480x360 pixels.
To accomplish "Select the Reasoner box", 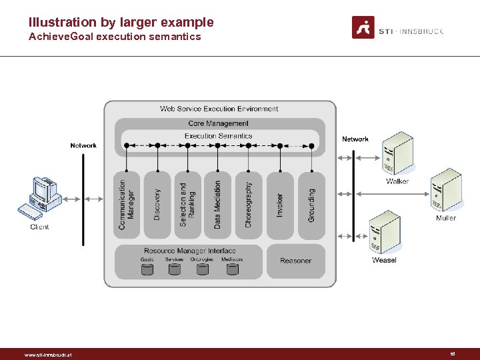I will click(x=296, y=261).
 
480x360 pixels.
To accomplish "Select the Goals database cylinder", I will click(x=147, y=269).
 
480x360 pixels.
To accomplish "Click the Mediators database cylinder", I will click(x=232, y=269).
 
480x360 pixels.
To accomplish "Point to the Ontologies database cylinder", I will click(x=202, y=269).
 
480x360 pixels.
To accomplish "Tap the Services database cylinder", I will click(x=174, y=269).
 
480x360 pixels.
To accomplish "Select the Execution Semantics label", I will click(x=218, y=136).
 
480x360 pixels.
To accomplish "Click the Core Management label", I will click(x=218, y=123).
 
